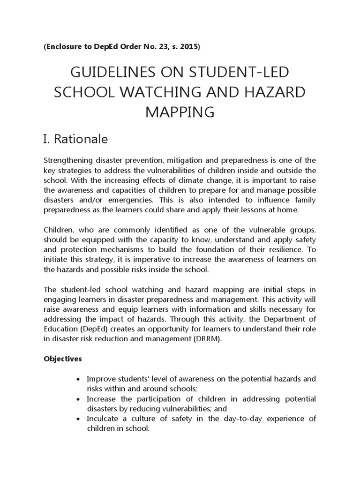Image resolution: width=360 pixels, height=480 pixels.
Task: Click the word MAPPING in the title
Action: [x=180, y=112]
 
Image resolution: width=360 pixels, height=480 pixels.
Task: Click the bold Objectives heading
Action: [x=63, y=359]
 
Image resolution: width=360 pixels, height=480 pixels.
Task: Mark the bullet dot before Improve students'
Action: [x=77, y=379]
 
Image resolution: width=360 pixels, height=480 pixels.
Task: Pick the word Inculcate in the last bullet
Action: [x=102, y=418]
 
